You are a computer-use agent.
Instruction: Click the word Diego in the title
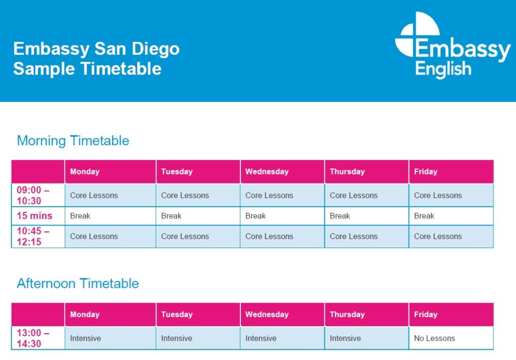coord(156,49)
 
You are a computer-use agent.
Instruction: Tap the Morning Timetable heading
coord(73,141)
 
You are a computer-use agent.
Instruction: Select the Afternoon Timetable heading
coord(78,283)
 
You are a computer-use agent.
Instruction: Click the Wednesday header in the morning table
coord(267,171)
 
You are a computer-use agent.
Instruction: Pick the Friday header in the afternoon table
coord(425,315)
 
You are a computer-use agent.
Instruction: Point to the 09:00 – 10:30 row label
coord(33,195)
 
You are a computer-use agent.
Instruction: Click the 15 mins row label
coord(35,216)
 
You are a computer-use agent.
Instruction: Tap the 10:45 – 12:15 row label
coord(33,236)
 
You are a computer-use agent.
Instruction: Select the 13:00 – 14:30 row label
coord(33,338)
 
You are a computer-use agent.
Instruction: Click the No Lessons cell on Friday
coord(434,338)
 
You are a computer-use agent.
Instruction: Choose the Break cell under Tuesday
coord(171,216)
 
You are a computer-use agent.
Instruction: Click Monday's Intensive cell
coord(86,338)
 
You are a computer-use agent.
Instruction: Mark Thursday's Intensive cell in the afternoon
coord(345,338)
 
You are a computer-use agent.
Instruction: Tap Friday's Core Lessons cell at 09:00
coord(438,195)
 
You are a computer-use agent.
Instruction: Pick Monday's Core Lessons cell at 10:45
coord(94,236)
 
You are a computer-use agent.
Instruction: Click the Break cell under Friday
coord(424,216)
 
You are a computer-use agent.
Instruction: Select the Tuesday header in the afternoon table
coord(177,315)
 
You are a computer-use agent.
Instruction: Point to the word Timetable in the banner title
coord(121,69)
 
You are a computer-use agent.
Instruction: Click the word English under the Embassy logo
coord(443,70)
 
